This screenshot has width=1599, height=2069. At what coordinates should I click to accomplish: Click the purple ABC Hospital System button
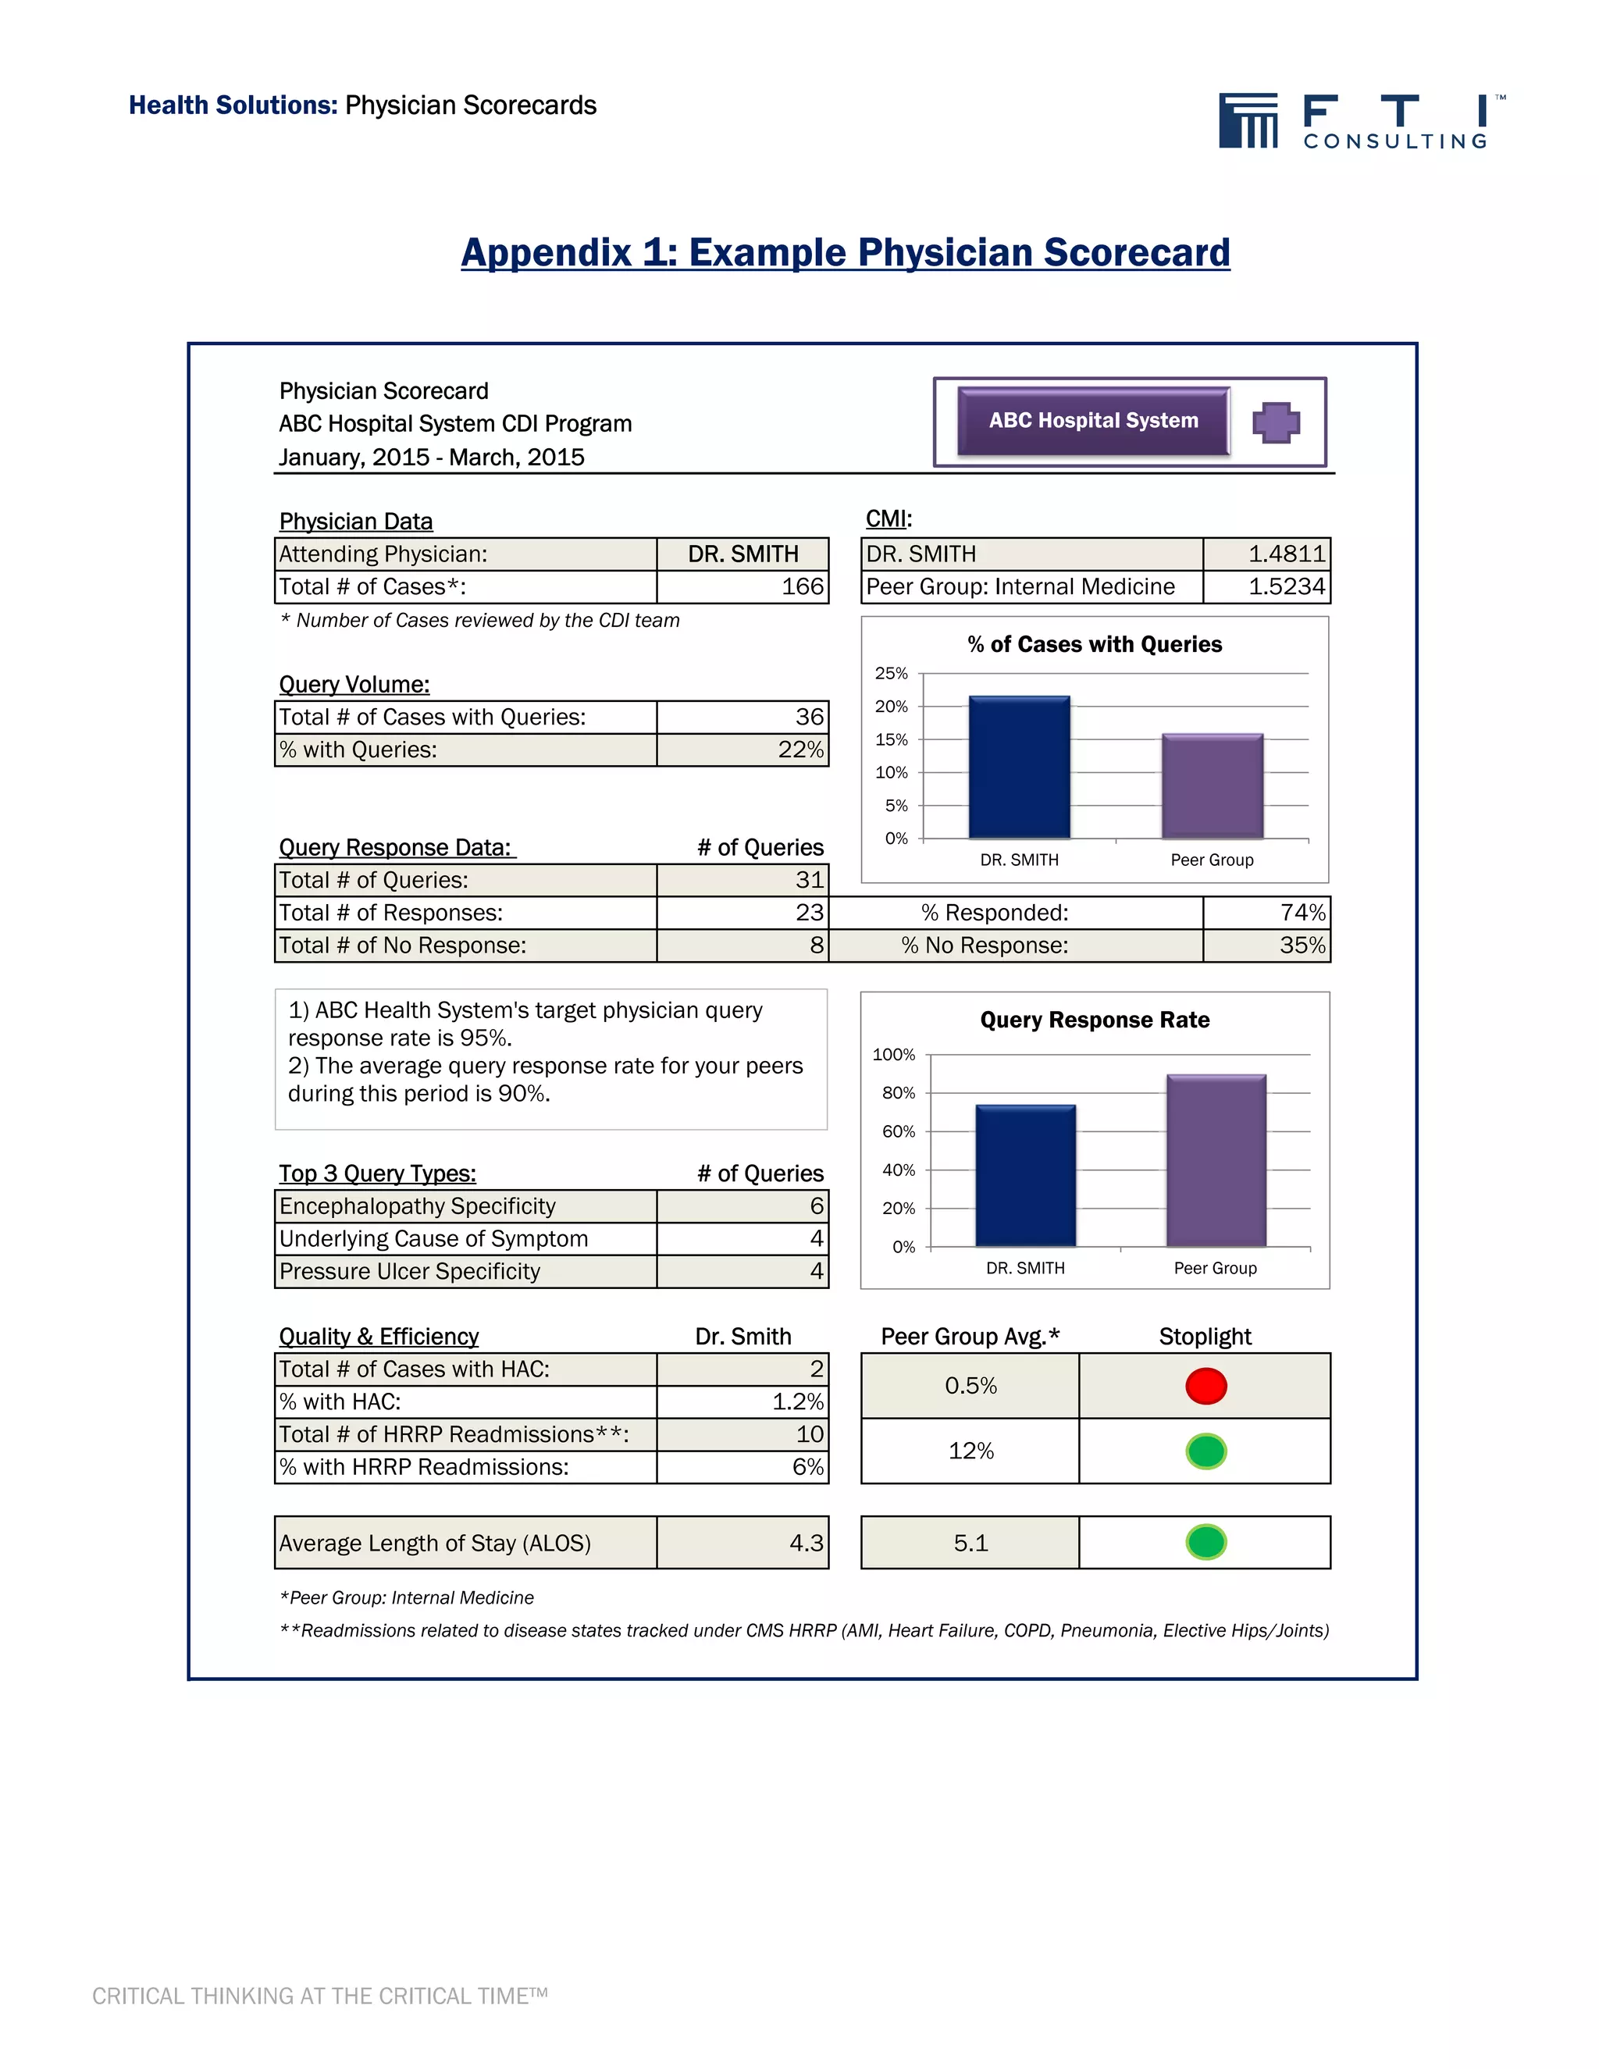click(x=1093, y=421)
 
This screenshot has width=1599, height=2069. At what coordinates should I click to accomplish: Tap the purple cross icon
click(x=1275, y=422)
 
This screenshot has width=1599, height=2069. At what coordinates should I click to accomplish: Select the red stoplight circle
click(x=1205, y=1386)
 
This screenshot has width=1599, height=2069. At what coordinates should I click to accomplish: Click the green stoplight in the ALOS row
click(x=1205, y=1542)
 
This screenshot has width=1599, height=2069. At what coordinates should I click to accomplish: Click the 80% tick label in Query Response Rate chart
click(x=898, y=1093)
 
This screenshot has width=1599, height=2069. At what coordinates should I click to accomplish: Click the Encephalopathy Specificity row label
click(x=418, y=1206)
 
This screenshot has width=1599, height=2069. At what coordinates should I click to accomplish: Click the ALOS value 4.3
click(x=806, y=1544)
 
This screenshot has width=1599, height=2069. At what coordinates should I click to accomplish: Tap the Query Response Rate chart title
click(x=1094, y=1020)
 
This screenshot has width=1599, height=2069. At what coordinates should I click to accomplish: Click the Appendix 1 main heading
click(x=845, y=253)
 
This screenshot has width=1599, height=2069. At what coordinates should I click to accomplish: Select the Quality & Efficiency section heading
click(x=379, y=1337)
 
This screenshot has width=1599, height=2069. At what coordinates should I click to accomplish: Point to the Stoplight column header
click(x=1205, y=1337)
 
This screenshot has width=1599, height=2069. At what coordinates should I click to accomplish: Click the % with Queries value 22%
click(x=800, y=750)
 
